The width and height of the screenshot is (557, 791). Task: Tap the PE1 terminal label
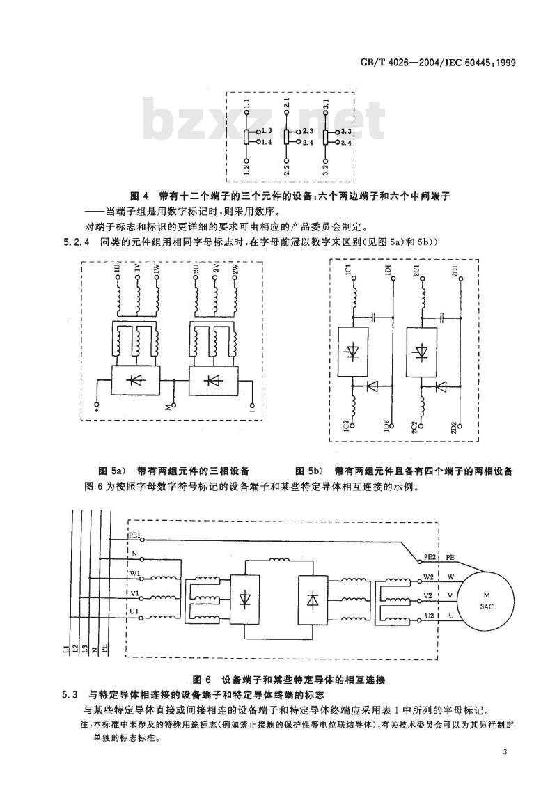point(134,534)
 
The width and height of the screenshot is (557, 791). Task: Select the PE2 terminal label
point(430,558)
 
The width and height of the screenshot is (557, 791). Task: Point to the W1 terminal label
point(134,572)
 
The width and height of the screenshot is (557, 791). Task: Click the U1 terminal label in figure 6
point(134,611)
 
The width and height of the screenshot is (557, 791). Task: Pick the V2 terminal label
point(427,595)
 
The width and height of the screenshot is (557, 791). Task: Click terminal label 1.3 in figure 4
point(267,131)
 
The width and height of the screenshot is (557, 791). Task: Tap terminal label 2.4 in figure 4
point(308,143)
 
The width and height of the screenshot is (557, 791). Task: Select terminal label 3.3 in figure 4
point(346,131)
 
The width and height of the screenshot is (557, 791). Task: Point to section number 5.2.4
point(76,242)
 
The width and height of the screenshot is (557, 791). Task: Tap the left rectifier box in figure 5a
point(136,380)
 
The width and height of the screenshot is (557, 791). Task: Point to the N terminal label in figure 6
point(134,554)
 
